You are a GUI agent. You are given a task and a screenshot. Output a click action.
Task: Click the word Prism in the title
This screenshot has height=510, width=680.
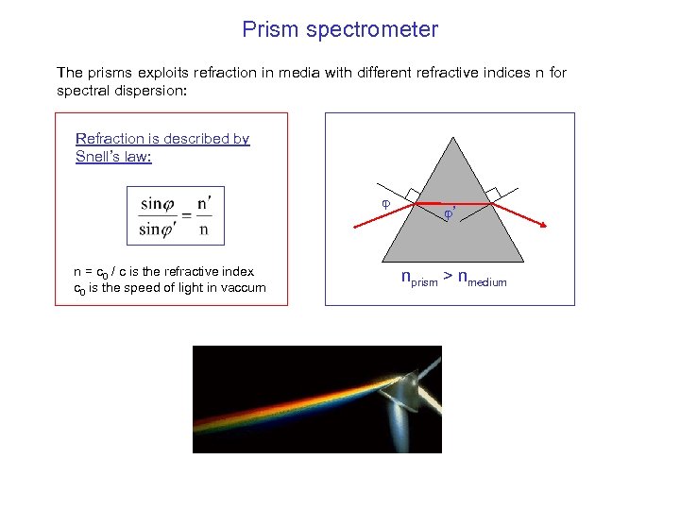pyautogui.click(x=269, y=29)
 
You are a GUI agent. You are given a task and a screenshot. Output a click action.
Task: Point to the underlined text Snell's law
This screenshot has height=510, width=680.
pyautogui.click(x=113, y=157)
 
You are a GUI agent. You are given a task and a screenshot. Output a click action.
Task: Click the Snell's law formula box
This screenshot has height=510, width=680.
pyautogui.click(x=176, y=215)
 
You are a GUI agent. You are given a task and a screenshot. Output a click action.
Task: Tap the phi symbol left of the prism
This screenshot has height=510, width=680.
pyautogui.click(x=384, y=203)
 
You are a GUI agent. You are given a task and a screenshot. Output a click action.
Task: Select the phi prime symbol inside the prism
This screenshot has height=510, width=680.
pyautogui.click(x=450, y=214)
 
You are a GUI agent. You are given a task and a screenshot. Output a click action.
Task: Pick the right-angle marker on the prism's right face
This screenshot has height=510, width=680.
pyautogui.click(x=492, y=194)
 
